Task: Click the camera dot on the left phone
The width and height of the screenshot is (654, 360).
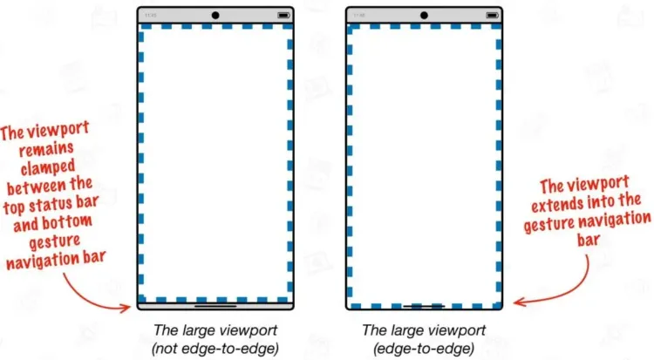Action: point(215,16)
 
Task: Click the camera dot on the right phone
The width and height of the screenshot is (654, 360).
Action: point(424,16)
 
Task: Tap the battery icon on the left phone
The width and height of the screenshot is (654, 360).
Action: point(283,16)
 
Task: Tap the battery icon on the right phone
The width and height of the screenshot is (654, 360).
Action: point(492,16)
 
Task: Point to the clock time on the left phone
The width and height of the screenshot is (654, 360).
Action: point(151,16)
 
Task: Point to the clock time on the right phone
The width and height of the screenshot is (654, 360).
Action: point(359,16)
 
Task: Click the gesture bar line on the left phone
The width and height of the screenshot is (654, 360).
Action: point(215,306)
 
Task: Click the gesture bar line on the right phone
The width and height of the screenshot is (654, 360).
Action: point(424,306)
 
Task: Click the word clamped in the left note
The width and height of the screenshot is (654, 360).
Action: point(48,167)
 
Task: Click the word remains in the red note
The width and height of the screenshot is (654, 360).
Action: point(47,149)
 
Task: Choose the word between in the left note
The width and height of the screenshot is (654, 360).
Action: point(31,187)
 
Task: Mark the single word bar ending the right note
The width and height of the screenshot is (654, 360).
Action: point(589,240)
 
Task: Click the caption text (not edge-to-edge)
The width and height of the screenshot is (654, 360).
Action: point(215,348)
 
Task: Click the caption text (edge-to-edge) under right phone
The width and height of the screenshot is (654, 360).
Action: point(424,348)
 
